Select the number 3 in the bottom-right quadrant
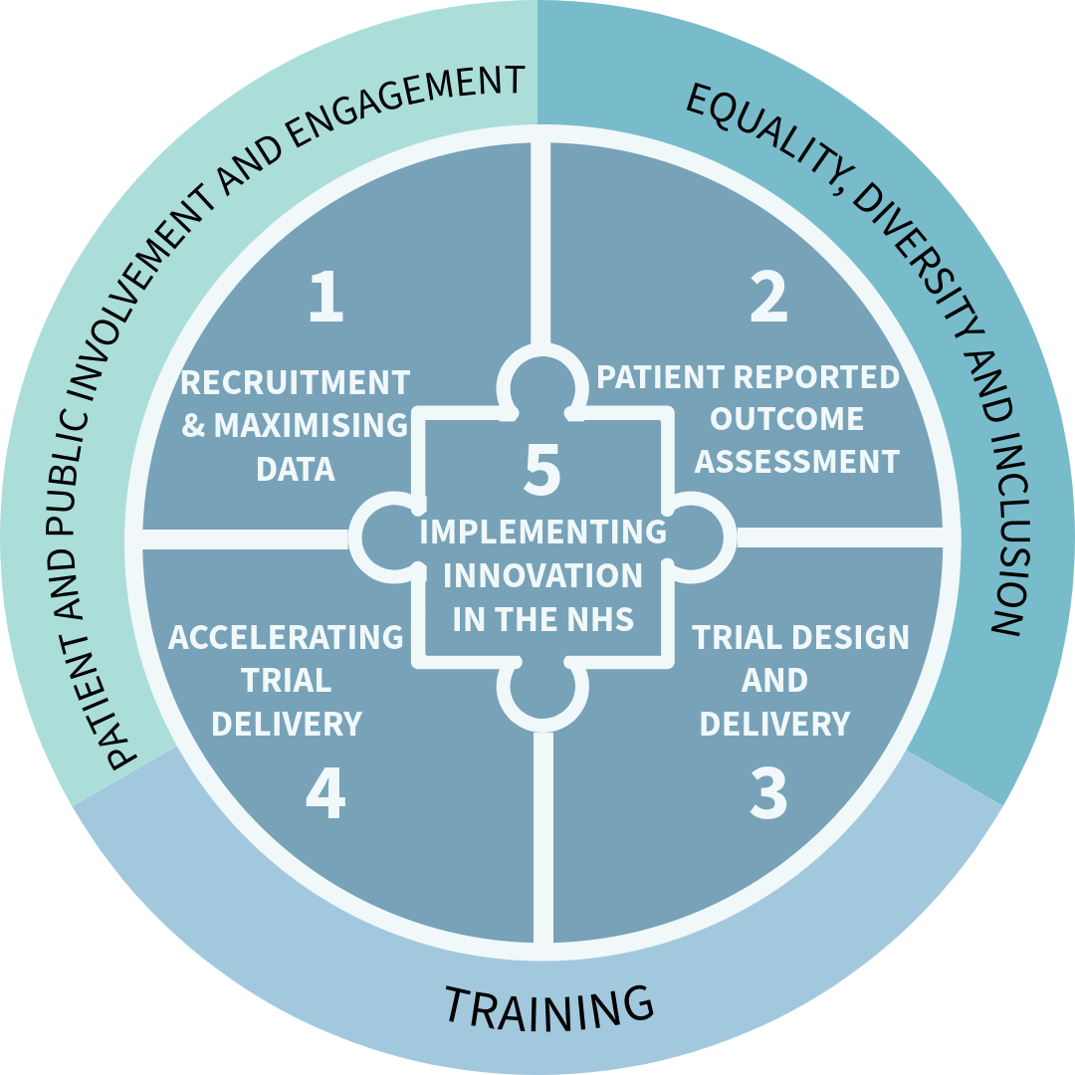point(767,793)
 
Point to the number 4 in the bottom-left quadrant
point(325,793)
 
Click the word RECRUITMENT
point(295,382)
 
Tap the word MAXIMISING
point(311,426)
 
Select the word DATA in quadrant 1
point(295,469)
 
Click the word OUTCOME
point(786,419)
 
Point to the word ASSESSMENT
point(796,462)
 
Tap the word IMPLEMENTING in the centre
point(542,533)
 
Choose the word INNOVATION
point(542,575)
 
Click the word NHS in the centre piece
point(597,619)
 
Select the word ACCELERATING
point(286,637)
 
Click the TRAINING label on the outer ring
point(548,1006)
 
